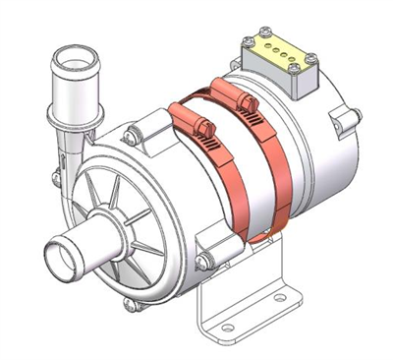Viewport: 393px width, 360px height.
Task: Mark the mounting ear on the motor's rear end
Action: click(x=338, y=119)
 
